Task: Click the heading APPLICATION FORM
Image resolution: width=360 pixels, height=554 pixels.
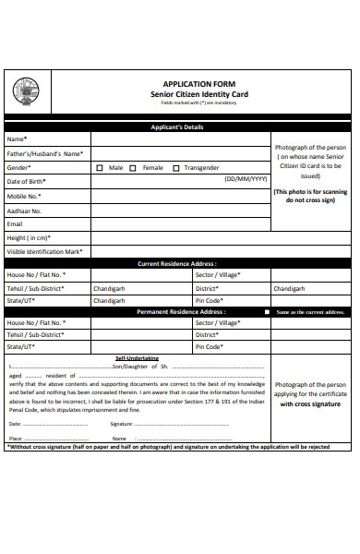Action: tap(180, 82)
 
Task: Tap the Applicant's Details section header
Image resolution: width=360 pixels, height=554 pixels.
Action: tap(180, 126)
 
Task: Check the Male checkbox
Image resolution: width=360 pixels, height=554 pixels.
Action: tap(100, 168)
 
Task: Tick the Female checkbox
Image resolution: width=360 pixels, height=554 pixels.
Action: tap(133, 168)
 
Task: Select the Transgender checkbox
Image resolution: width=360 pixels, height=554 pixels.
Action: tap(174, 168)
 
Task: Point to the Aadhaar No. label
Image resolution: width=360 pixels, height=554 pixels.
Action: tap(25, 211)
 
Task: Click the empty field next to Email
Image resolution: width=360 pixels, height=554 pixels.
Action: tap(180, 223)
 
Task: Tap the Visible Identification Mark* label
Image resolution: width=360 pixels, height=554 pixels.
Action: tap(44, 251)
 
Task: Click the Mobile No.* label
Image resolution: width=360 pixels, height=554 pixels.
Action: tap(24, 196)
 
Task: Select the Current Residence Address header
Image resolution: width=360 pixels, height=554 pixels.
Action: tap(180, 263)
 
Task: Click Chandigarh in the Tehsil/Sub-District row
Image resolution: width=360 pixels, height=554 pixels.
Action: tap(109, 288)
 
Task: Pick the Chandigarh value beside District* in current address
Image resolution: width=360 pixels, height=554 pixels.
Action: tap(290, 288)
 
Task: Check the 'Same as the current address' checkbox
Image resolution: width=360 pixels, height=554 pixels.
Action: tap(268, 312)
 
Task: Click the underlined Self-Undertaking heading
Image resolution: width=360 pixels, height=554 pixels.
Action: tap(137, 358)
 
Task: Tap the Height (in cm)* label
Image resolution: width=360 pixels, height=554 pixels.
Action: tap(29, 237)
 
